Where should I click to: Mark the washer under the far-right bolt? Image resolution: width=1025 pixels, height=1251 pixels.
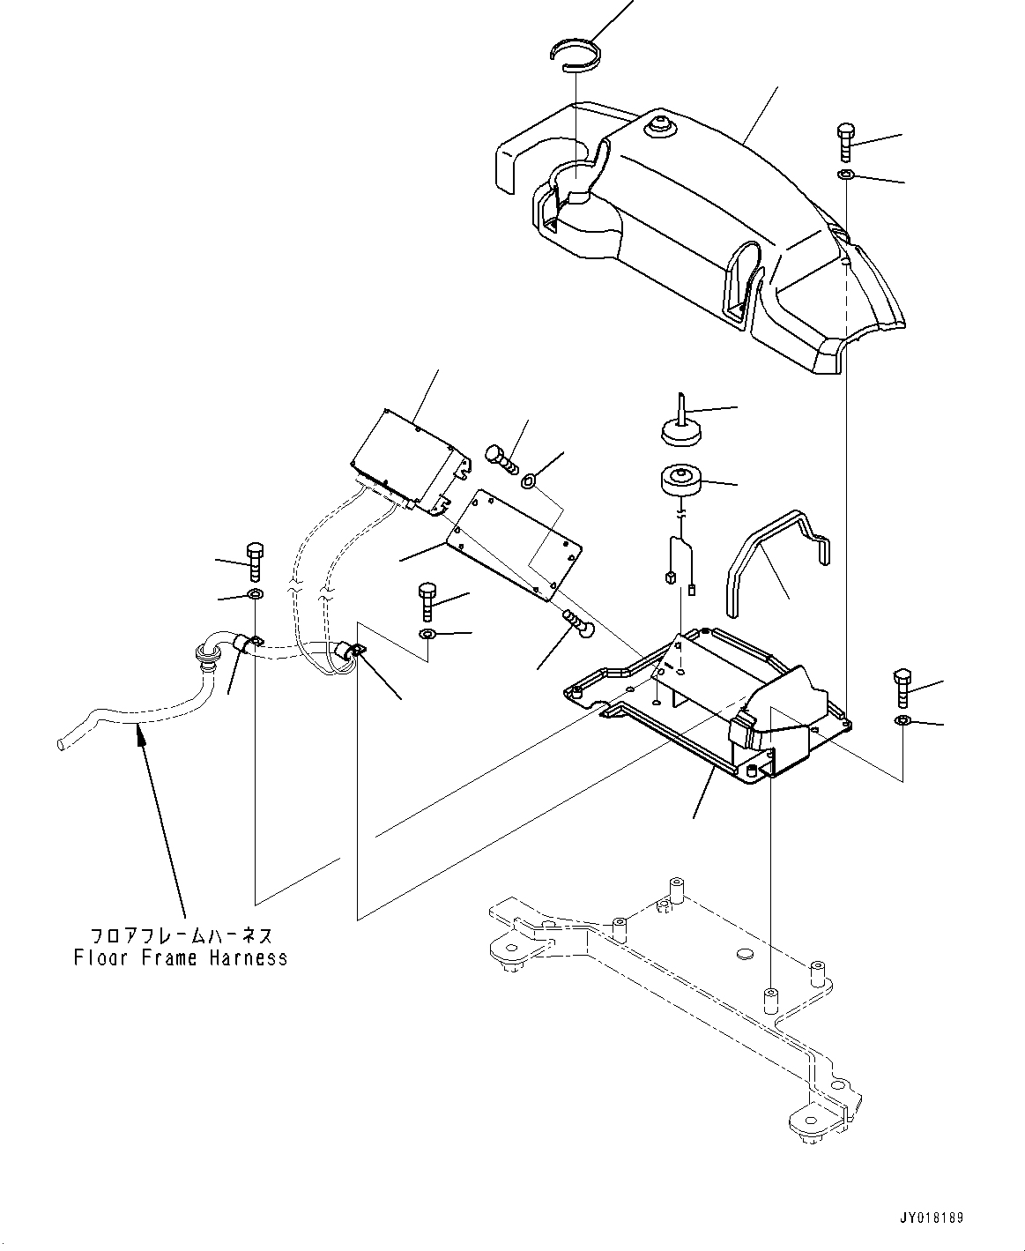[902, 722]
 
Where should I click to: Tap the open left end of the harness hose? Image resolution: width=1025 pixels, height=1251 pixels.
[61, 746]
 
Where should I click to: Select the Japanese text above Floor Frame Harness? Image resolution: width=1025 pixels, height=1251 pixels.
[181, 935]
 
